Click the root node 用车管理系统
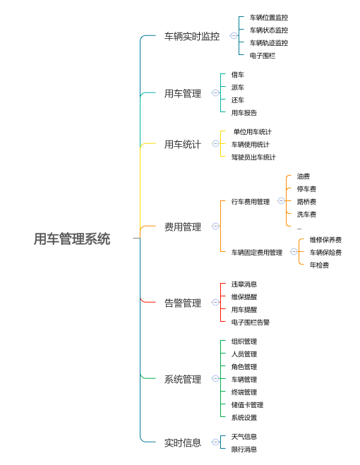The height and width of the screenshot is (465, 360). pos(72,239)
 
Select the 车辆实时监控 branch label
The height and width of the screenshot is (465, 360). pos(192,37)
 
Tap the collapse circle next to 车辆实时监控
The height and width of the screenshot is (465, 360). pos(234,36)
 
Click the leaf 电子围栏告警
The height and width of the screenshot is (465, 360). pos(251,322)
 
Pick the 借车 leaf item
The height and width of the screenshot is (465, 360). pos(238,75)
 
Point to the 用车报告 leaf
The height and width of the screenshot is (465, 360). pos(244,113)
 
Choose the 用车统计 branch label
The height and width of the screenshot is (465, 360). pos(183,145)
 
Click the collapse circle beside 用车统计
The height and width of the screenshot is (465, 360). pos(215,144)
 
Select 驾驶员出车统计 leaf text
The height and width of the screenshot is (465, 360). pos(253,157)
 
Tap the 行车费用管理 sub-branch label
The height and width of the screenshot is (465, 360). pos(251,202)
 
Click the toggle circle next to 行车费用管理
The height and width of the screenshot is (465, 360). pos(281,201)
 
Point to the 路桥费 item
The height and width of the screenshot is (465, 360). pos(306,202)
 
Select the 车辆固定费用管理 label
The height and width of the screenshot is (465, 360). pos(257,253)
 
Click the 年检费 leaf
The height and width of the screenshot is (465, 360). pos(319,265)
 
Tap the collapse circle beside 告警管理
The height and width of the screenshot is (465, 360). pos(215,303)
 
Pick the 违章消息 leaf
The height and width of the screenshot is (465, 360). pos(244,284)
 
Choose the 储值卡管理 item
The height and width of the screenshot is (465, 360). pos(247,405)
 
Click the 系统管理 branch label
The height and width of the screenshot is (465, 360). pos(183,380)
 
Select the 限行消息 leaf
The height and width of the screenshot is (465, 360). pos(244,449)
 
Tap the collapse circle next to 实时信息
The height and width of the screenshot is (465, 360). pos(215,442)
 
